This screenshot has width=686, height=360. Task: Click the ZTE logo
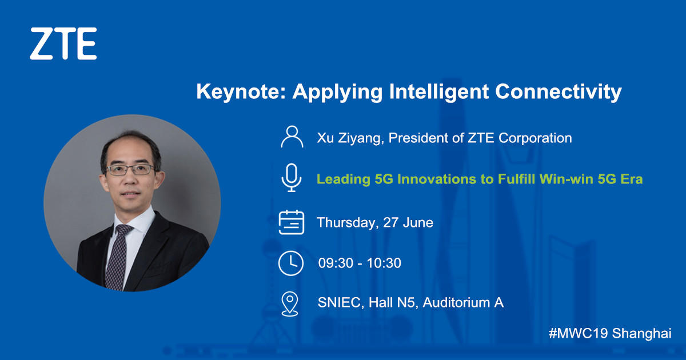click(x=63, y=43)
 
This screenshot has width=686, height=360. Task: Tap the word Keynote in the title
click(x=241, y=91)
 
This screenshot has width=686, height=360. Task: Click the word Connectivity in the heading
click(x=559, y=92)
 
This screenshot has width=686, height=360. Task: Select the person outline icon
click(x=292, y=137)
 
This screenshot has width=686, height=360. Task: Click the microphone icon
click(x=291, y=178)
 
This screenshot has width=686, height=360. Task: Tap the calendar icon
click(x=291, y=222)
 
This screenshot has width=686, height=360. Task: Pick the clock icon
click(x=291, y=263)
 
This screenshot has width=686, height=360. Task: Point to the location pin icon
click(x=290, y=303)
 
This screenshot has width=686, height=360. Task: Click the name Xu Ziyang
click(x=350, y=138)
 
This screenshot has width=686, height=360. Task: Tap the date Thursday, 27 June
click(x=375, y=222)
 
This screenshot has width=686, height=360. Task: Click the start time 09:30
click(x=336, y=263)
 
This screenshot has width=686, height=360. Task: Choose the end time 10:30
click(x=384, y=263)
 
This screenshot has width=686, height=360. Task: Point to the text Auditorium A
click(x=463, y=303)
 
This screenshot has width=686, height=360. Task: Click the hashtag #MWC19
click(x=578, y=333)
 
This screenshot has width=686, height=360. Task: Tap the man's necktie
click(x=118, y=257)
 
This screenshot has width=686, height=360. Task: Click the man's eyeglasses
click(x=130, y=170)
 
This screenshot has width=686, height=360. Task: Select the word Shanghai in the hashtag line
click(x=641, y=334)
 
